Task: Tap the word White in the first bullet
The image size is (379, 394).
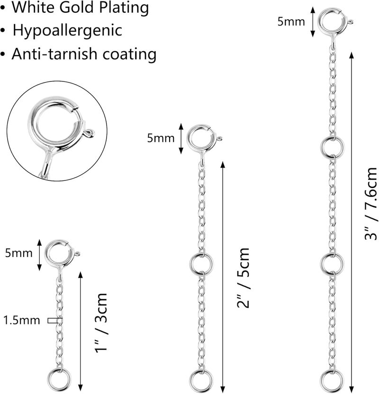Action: pos(33,7)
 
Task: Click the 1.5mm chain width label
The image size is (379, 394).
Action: pos(22,321)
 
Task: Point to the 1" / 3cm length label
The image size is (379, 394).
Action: pos(101,323)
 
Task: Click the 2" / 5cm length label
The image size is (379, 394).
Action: pos(243,278)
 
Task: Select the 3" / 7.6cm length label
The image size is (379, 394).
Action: pos(371,204)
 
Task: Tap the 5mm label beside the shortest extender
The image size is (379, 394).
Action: pos(19,253)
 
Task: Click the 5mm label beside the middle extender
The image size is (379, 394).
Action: pos(161,138)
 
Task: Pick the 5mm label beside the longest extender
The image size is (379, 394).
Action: pos(291,22)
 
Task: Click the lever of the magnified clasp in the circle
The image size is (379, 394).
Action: pos(90,133)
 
